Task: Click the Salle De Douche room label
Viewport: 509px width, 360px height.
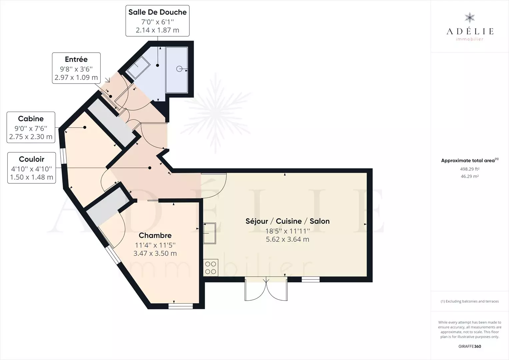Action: coord(157,12)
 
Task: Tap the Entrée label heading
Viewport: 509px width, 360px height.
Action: coord(76,59)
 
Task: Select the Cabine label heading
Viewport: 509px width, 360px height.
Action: coord(31,119)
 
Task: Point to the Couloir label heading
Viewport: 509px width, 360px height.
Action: coord(32,159)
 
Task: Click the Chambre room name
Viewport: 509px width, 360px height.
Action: coord(155,235)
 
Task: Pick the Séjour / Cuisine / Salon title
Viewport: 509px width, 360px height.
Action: coord(287,221)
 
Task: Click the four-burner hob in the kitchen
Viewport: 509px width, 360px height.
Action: coord(211,268)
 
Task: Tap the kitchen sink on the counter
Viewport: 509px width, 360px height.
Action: coord(210,233)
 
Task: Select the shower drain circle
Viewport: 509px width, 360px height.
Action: coord(179,69)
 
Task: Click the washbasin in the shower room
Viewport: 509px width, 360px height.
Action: coord(138,67)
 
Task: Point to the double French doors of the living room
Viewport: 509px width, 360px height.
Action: coord(266,289)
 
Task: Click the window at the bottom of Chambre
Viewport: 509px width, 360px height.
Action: coord(181,306)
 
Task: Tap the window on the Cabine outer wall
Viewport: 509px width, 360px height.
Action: coord(63,156)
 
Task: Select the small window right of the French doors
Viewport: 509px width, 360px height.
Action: coord(311,279)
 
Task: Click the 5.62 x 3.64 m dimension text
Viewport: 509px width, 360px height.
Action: coord(287,239)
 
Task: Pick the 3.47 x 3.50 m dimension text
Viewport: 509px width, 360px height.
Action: coord(155,253)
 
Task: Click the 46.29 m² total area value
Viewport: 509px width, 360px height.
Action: coord(470,176)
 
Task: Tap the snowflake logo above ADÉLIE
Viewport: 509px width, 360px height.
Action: coord(470,18)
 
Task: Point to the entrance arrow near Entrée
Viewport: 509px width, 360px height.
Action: coord(108,80)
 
